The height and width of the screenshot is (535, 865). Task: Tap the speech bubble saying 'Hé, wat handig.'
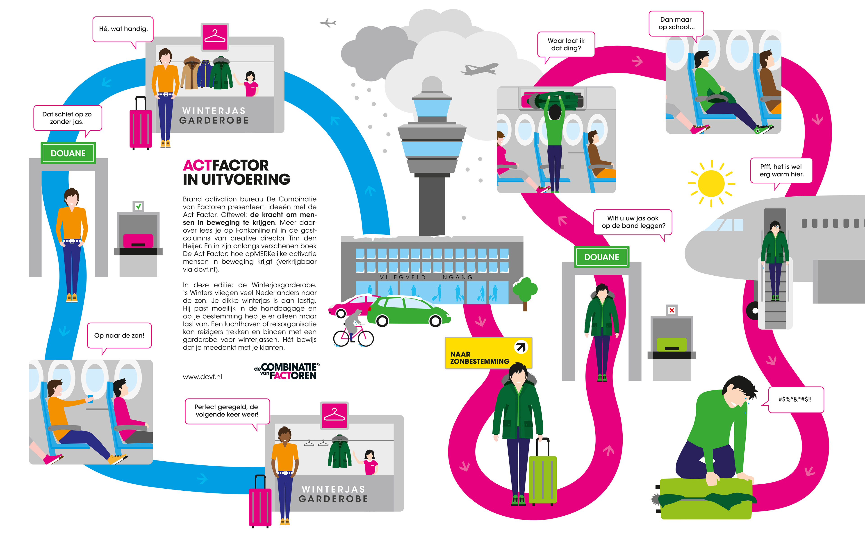tap(123, 29)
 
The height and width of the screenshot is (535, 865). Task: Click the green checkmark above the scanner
tap(138, 206)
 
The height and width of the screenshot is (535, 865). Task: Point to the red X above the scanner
tap(672, 310)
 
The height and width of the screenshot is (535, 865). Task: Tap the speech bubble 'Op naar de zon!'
tap(119, 336)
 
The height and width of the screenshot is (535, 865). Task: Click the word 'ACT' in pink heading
tap(197, 165)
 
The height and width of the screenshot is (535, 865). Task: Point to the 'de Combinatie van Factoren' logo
tap(287, 371)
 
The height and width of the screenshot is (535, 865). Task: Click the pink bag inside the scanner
tap(138, 241)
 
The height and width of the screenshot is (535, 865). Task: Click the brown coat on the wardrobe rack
tap(190, 73)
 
